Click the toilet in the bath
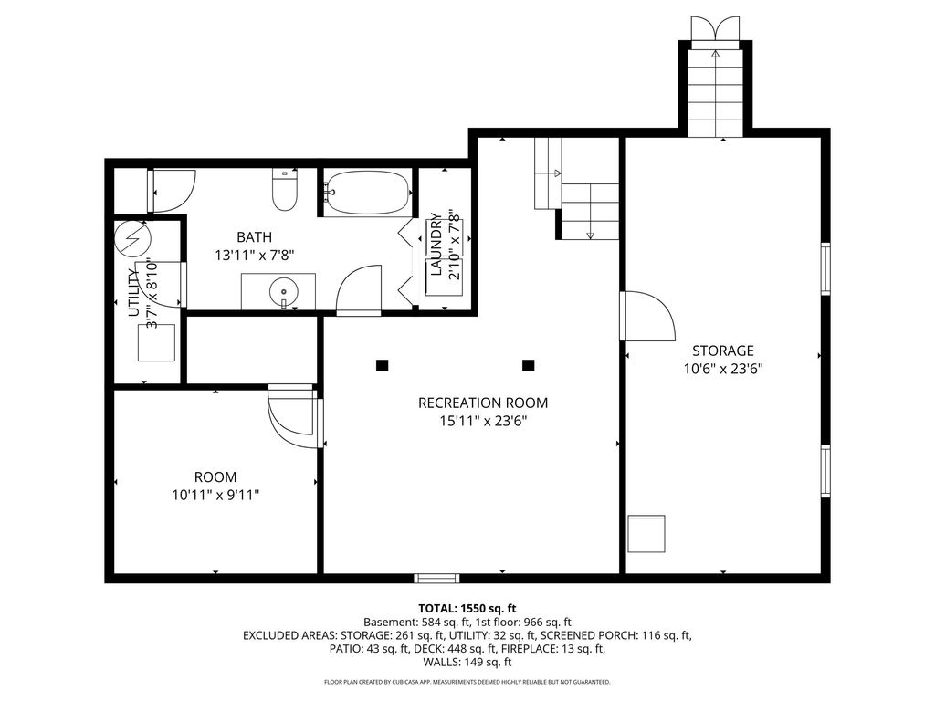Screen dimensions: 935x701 coord(285,190)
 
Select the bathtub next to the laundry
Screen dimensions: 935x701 coord(368,192)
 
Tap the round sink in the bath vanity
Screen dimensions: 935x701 coord(283,292)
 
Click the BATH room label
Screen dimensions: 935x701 coord(255,237)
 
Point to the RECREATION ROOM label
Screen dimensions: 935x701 coord(483,403)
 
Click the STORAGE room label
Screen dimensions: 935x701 coord(723,350)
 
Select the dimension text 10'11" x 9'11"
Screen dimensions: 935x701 coord(215,495)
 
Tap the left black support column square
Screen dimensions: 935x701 coord(382,365)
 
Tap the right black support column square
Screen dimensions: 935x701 coord(528,365)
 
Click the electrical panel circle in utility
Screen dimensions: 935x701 coord(132,238)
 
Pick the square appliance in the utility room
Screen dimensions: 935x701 coord(157,343)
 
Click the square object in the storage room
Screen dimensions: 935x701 coord(647,533)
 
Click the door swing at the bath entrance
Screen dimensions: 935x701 coord(358,289)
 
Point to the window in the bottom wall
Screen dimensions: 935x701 coord(437,578)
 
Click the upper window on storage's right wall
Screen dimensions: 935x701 coord(825,269)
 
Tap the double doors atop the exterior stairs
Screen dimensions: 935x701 coord(716,28)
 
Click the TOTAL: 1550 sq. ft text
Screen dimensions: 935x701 coord(467,609)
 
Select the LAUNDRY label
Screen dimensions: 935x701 coord(436,244)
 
